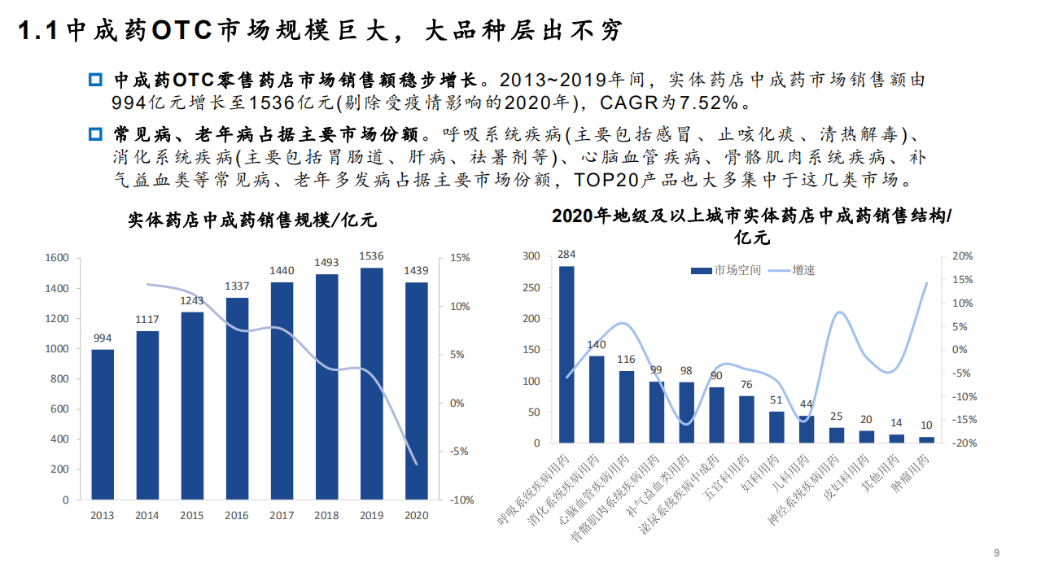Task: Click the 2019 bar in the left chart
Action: coord(371,383)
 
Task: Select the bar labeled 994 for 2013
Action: coord(103,424)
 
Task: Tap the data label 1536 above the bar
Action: coord(371,256)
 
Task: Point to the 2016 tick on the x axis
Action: coord(237,515)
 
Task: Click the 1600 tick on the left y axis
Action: coord(56,258)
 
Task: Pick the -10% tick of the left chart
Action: coord(461,500)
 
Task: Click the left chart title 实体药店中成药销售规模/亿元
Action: coord(252,220)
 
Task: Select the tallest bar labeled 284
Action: coord(566,354)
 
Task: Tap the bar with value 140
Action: coord(597,399)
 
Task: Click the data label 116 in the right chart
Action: coord(626,360)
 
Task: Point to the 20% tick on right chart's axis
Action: coord(962,256)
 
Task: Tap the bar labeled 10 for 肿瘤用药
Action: coord(926,439)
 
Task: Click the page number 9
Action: coord(996,553)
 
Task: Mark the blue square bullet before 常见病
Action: coord(94,133)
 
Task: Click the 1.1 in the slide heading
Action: coord(38,32)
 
